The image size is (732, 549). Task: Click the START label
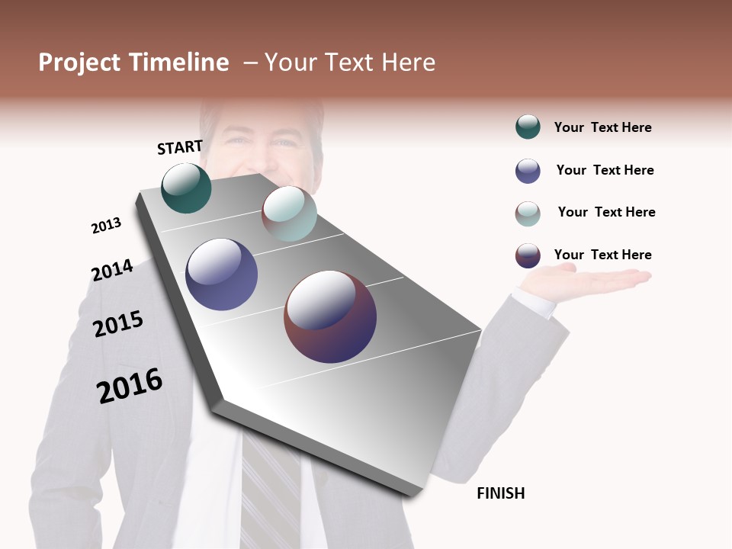[x=180, y=147]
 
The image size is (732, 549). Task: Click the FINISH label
[x=500, y=493]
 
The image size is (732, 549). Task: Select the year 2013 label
[x=106, y=226]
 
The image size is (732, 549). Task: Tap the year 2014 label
[x=112, y=271]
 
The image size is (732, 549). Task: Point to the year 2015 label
[x=118, y=324]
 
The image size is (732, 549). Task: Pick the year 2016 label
[x=130, y=386]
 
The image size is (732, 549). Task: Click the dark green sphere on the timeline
[x=186, y=188]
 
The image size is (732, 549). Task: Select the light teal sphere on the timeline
[x=289, y=213]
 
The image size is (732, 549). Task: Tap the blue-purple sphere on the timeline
[x=221, y=274]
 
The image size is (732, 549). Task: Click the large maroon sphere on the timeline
[x=330, y=316]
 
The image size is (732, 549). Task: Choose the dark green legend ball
[x=528, y=127]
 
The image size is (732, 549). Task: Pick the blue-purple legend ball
[x=528, y=171]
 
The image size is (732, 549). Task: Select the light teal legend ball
[x=528, y=213]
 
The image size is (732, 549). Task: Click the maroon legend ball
[x=528, y=255]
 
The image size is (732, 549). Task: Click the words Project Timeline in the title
[x=133, y=63]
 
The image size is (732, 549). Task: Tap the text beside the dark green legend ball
[x=602, y=127]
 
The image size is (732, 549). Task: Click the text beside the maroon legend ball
[x=602, y=255]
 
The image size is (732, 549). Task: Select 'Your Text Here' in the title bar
[x=350, y=63]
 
